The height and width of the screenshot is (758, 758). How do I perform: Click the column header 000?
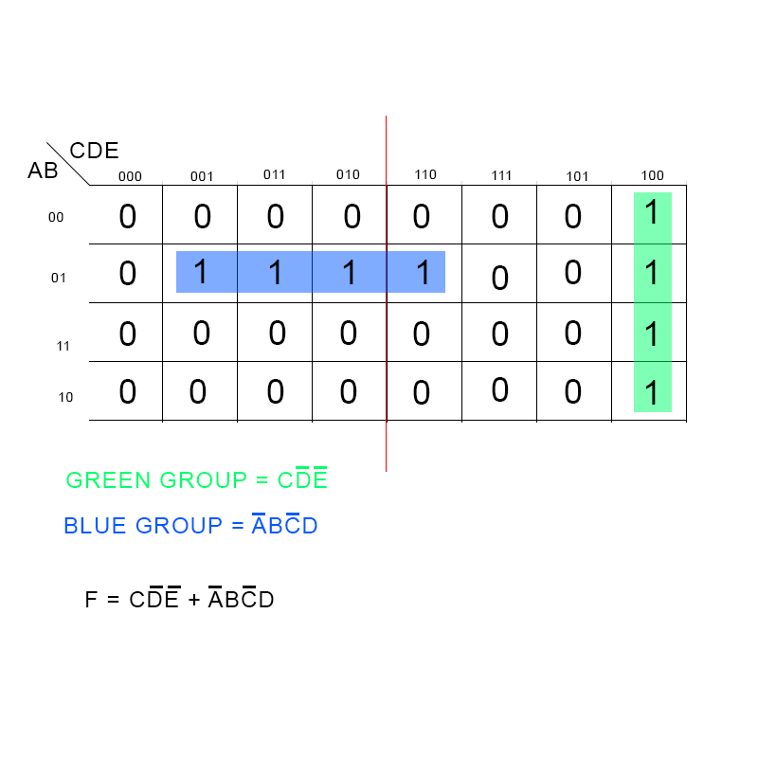click(x=130, y=176)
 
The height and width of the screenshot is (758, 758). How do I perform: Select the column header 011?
click(x=274, y=174)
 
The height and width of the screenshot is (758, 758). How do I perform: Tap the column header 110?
click(x=425, y=174)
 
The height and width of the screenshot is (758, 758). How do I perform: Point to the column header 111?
click(x=501, y=175)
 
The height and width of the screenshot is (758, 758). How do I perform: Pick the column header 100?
click(x=652, y=175)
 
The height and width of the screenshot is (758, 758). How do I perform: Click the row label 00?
click(x=57, y=217)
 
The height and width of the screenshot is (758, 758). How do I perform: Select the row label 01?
click(x=59, y=278)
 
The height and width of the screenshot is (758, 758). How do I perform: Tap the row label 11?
click(x=63, y=346)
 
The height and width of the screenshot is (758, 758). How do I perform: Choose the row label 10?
click(x=65, y=397)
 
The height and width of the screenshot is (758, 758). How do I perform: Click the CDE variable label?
click(x=95, y=151)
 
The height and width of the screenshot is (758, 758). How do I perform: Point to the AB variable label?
click(x=43, y=171)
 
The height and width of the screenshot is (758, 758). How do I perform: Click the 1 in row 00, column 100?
click(x=652, y=213)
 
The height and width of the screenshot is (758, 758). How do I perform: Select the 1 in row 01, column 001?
click(x=200, y=273)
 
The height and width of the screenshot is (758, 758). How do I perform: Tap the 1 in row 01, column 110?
click(x=424, y=273)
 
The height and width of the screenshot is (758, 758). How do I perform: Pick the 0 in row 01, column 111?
click(x=500, y=279)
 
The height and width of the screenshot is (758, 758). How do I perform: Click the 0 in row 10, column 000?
click(x=128, y=392)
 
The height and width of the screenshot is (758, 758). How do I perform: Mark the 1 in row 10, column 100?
click(x=652, y=392)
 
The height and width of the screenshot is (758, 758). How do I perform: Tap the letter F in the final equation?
click(x=91, y=600)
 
